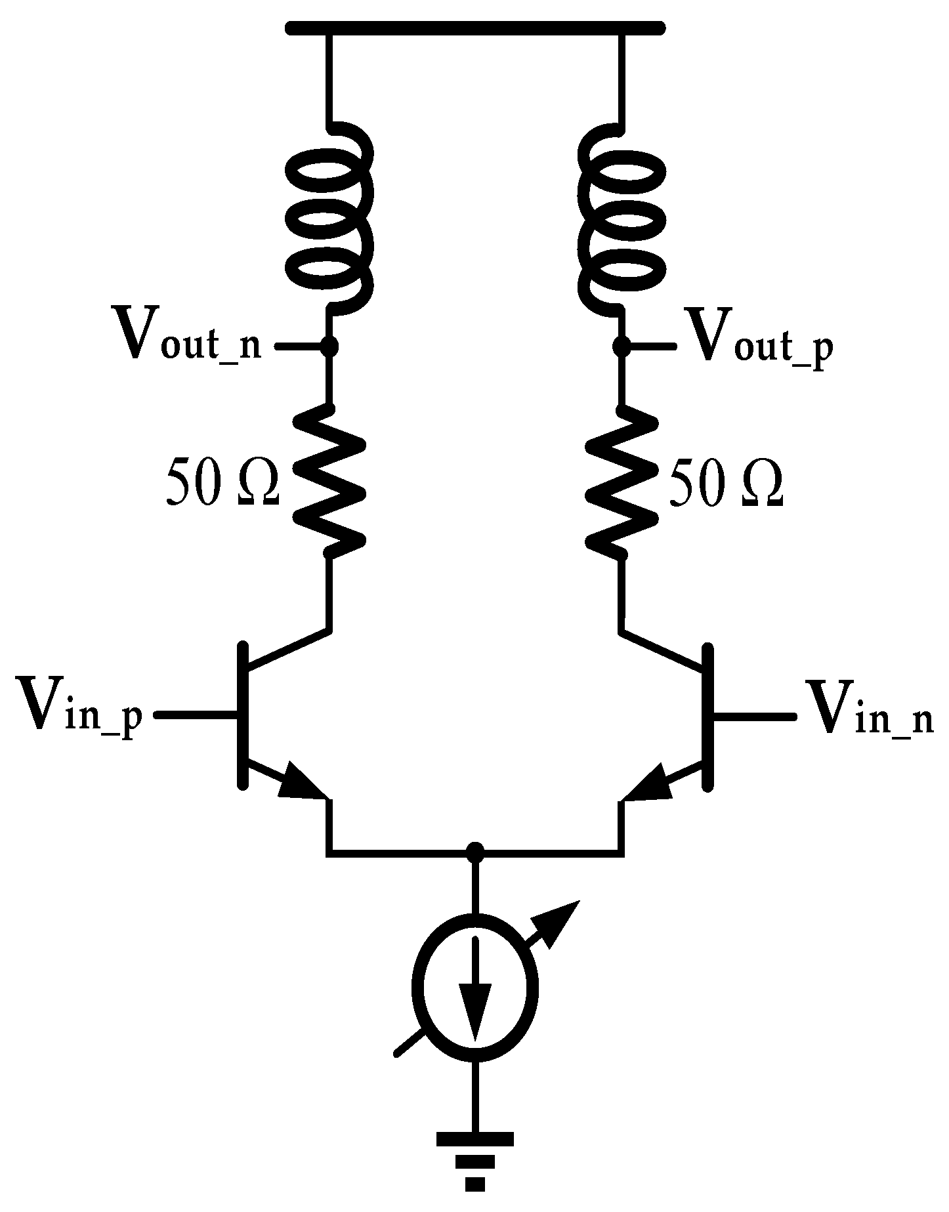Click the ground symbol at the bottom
(x=475, y=1171)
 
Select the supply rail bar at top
(x=475, y=28)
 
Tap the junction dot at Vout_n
(x=330, y=345)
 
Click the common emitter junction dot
(x=475, y=852)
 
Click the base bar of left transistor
(x=243, y=715)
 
